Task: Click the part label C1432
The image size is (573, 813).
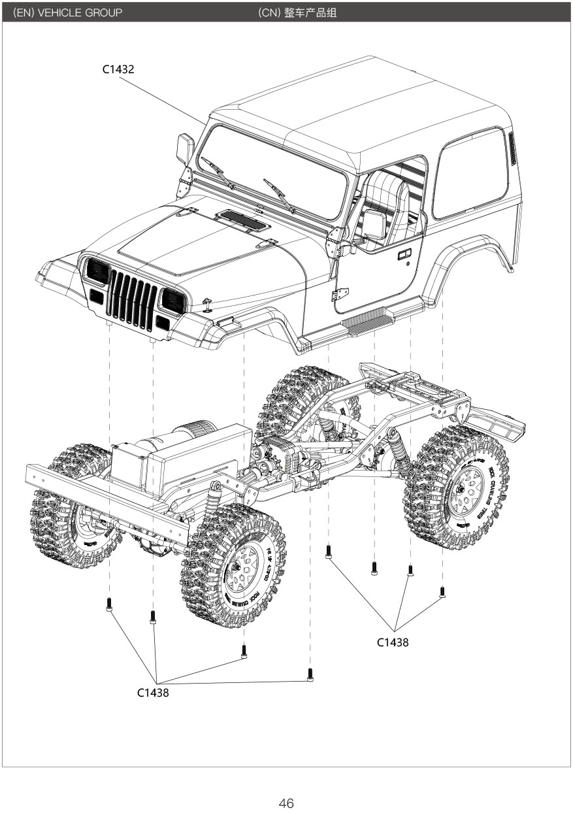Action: click(118, 69)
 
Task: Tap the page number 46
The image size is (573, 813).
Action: click(286, 804)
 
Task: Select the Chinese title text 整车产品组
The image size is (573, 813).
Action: click(310, 12)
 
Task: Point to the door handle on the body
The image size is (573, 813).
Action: click(404, 254)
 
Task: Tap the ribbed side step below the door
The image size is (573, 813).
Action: click(370, 321)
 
